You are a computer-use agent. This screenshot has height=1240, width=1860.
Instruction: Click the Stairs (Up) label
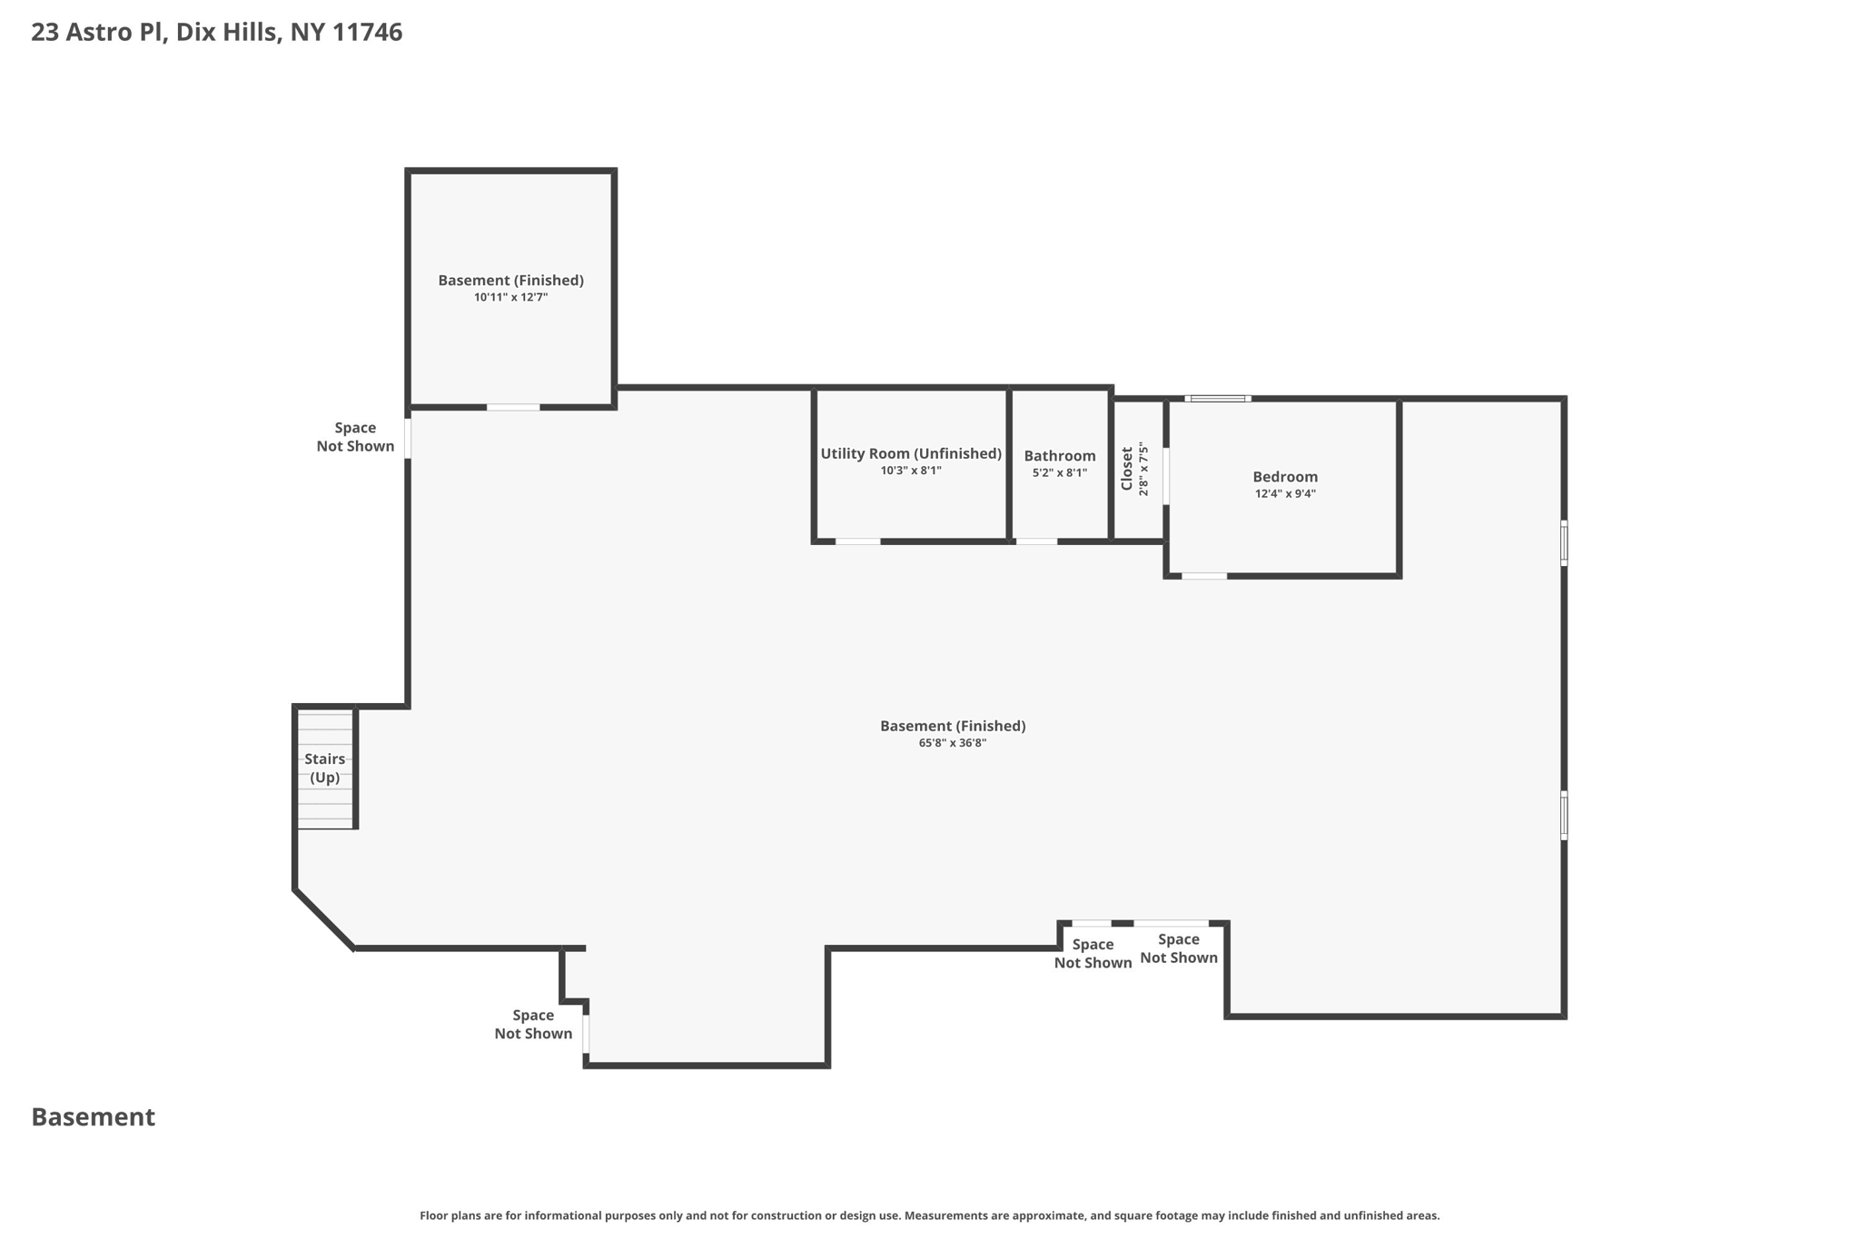pos(324,768)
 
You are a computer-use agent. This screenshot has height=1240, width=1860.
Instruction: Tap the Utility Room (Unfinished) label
pos(910,453)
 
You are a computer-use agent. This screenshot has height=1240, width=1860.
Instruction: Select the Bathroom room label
pos(1059,456)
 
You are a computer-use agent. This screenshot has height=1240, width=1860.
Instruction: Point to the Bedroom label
pos(1284,477)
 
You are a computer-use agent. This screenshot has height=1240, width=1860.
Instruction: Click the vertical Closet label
pos(1127,469)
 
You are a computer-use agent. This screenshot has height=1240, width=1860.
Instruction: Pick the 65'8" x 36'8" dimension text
pos(952,743)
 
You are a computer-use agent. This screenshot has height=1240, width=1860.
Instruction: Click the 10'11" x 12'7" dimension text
pos(510,297)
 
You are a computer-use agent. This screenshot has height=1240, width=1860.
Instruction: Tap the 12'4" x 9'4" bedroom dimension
pos(1284,494)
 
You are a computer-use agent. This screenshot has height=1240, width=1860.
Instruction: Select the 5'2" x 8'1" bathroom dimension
pos(1059,472)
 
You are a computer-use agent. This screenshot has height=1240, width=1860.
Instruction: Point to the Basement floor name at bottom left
pos(93,1117)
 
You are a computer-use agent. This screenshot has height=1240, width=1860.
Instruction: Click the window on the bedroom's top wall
pos(1217,398)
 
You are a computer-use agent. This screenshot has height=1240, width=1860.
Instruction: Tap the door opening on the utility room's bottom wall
pos(857,541)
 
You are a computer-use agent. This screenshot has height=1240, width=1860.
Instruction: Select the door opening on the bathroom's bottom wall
pos(1035,541)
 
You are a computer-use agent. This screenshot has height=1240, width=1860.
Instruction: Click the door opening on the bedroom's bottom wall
pos(1203,576)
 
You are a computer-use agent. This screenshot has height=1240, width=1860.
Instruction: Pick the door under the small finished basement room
pos(512,407)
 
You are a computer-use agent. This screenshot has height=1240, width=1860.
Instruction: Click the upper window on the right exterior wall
pos(1563,542)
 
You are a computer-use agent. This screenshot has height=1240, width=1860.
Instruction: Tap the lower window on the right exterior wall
pos(1563,815)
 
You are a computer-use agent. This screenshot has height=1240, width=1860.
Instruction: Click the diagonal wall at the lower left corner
pos(323,918)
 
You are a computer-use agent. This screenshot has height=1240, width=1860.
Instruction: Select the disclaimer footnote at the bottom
pos(929,1215)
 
